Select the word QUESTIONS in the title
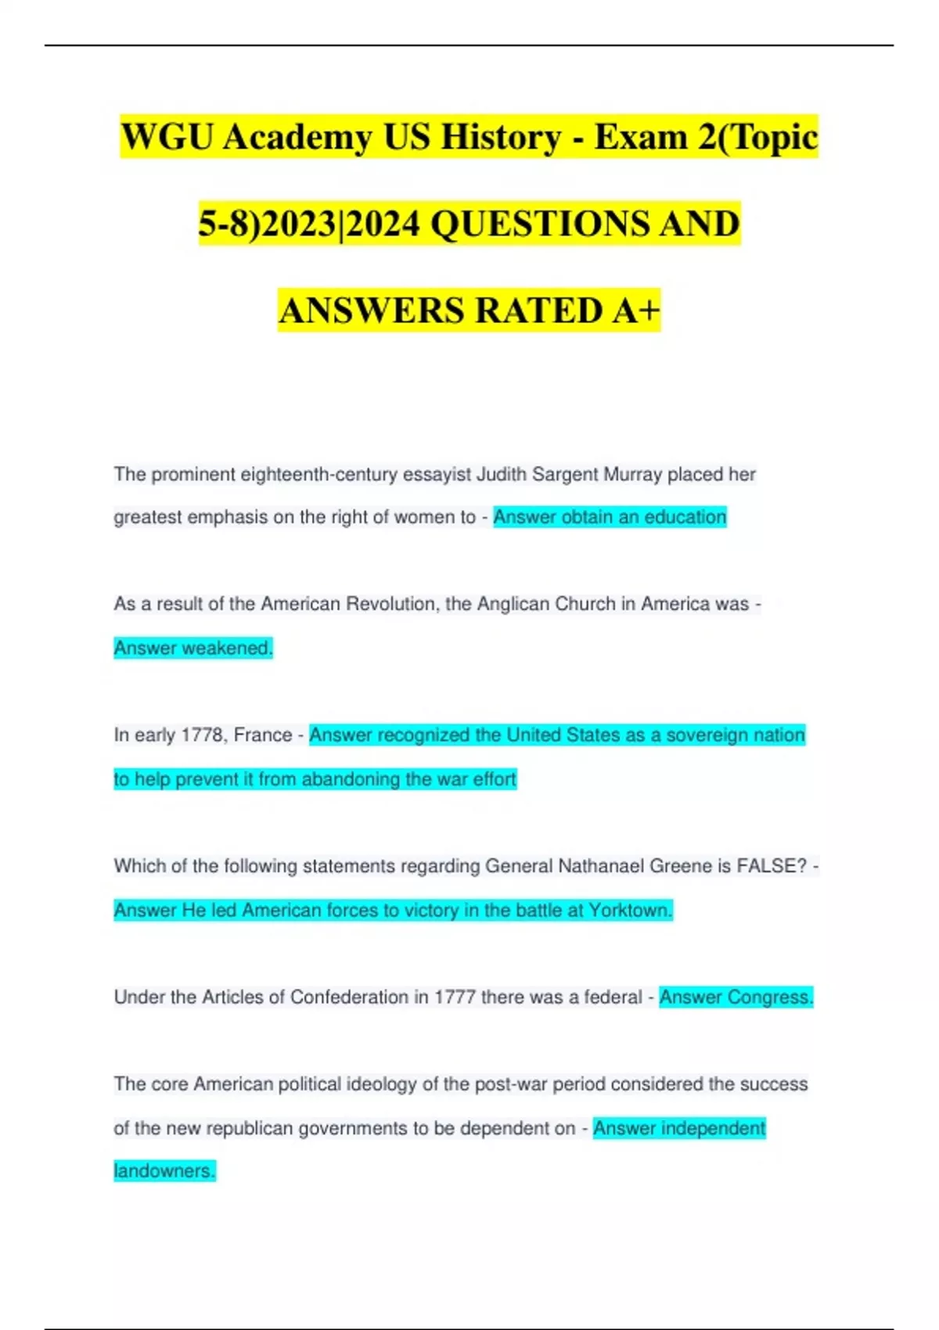(x=540, y=224)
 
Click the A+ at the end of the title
(x=636, y=311)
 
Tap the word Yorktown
(x=630, y=911)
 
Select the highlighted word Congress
(x=770, y=997)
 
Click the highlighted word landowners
(x=164, y=1171)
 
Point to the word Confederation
(x=349, y=997)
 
